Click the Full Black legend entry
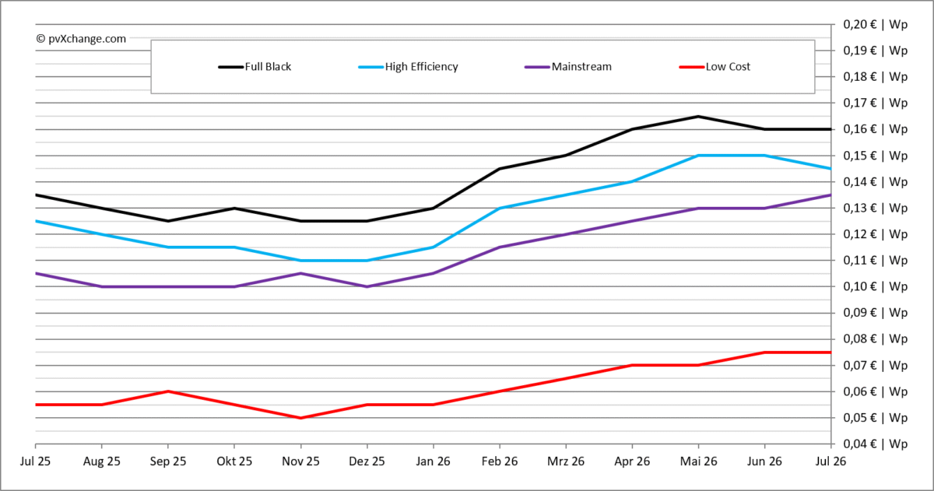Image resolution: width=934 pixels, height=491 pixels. (x=255, y=67)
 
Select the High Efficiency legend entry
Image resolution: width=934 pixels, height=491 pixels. (x=408, y=67)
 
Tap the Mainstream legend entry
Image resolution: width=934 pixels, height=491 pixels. (x=568, y=67)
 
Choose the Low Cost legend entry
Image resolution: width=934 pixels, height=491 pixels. (x=715, y=67)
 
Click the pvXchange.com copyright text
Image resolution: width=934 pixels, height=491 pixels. (x=81, y=39)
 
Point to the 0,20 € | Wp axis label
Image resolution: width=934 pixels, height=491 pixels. (x=875, y=25)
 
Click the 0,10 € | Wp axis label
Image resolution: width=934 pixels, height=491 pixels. (x=875, y=286)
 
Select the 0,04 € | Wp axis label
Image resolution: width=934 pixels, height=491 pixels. (x=875, y=444)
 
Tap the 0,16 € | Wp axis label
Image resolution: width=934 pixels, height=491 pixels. (x=875, y=129)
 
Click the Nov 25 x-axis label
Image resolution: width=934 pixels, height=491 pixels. (x=300, y=461)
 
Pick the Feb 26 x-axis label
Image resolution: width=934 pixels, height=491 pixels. (x=500, y=461)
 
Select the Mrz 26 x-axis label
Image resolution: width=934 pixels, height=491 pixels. (x=566, y=461)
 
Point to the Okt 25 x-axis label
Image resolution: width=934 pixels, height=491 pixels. (x=234, y=461)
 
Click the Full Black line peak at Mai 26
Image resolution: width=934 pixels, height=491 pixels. (x=698, y=116)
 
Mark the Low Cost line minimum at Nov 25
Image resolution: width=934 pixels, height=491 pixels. (x=300, y=418)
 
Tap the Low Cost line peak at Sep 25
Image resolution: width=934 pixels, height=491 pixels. (x=168, y=391)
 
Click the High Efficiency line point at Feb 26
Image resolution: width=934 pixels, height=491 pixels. (x=500, y=208)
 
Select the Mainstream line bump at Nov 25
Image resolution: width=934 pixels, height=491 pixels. (x=300, y=273)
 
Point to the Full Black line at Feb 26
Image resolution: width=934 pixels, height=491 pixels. (x=500, y=169)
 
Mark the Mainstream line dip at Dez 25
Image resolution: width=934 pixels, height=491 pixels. (x=367, y=287)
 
